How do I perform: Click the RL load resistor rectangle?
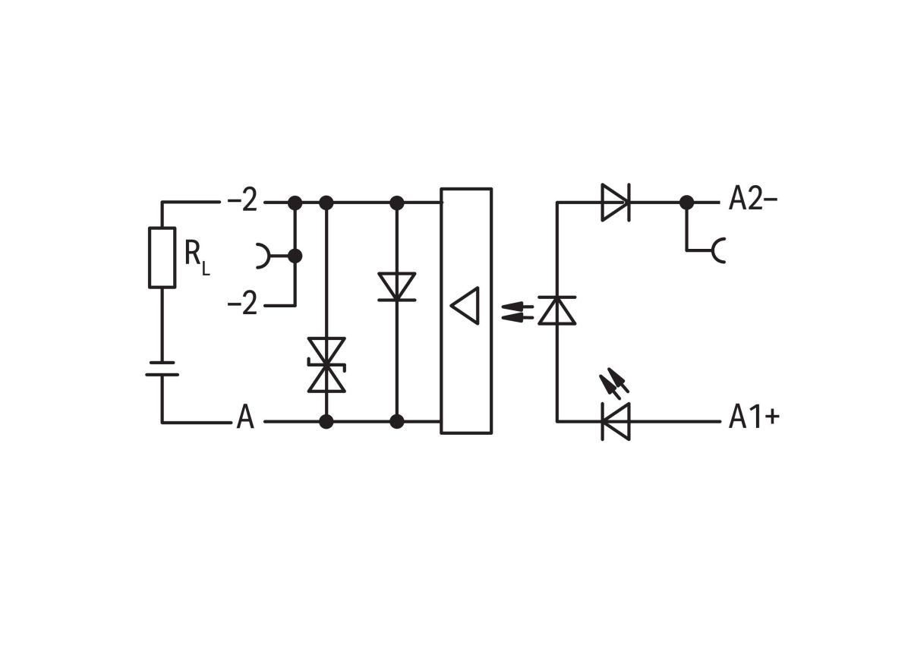pos(162,257)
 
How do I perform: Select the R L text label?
pos(196,256)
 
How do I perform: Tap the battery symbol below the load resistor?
pos(162,369)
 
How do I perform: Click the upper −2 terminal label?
pos(243,203)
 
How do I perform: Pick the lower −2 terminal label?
pos(243,305)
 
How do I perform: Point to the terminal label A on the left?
pos(245,418)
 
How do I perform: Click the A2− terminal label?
pos(753,200)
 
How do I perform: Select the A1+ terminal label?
pos(754,417)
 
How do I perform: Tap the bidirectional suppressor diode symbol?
pos(326,365)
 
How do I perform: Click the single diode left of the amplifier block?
pos(396,287)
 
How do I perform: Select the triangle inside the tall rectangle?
pos(465,306)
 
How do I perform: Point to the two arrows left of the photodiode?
pos(516,310)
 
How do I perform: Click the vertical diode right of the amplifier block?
pos(557,310)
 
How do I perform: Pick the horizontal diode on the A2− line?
pos(615,203)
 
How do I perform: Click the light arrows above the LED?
pos(615,384)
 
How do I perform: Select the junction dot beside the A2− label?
pos(686,203)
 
